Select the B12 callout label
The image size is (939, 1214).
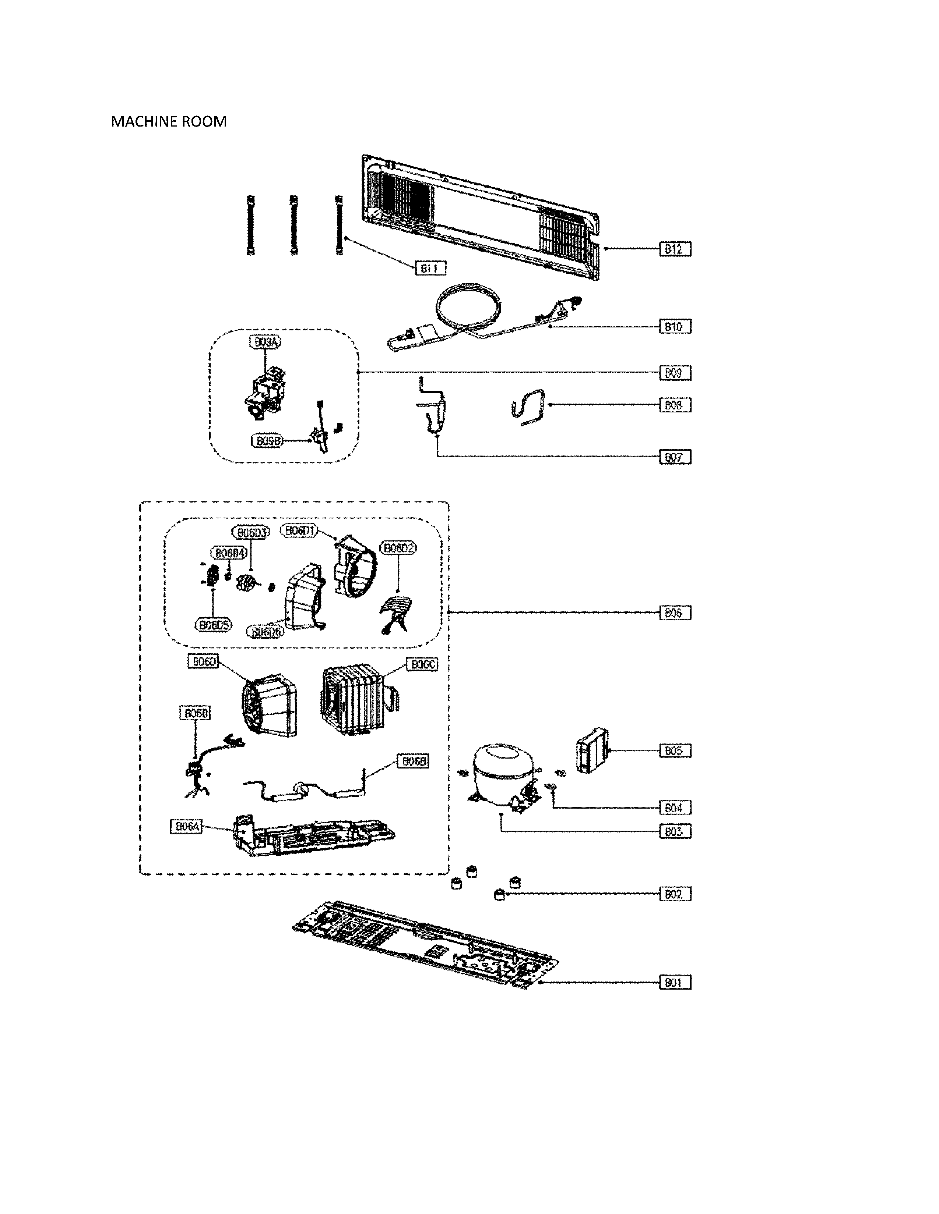click(674, 249)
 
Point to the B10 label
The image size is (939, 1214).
click(674, 327)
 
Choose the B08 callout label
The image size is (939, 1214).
click(674, 405)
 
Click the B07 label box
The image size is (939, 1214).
click(674, 457)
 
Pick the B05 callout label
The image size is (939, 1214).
click(674, 750)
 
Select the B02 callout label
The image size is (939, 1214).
click(674, 894)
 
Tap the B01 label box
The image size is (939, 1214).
click(674, 982)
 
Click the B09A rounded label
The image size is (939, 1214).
click(265, 342)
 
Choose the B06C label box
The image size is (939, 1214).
click(422, 664)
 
